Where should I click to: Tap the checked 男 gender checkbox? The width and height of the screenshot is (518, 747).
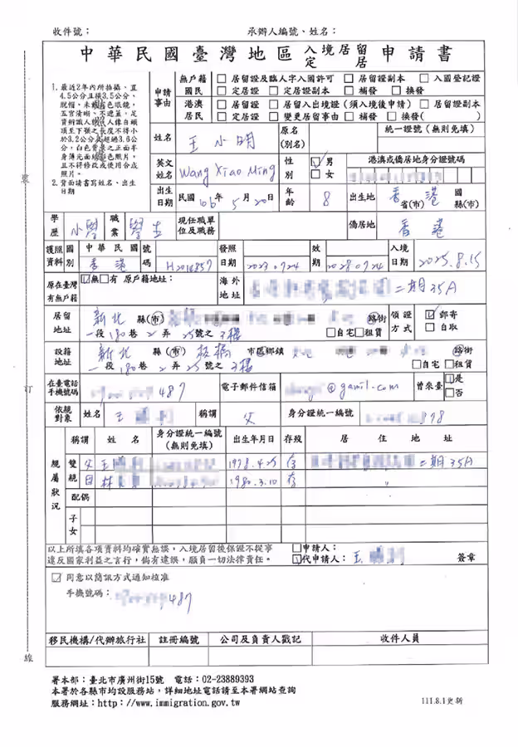[x=315, y=161]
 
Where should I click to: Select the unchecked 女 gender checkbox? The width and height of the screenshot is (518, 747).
[x=315, y=175]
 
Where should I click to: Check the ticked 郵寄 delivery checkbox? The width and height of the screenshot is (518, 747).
[x=428, y=315]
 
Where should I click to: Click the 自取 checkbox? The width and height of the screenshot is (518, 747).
[x=428, y=328]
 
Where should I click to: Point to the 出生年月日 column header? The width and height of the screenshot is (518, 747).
[x=256, y=437]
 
